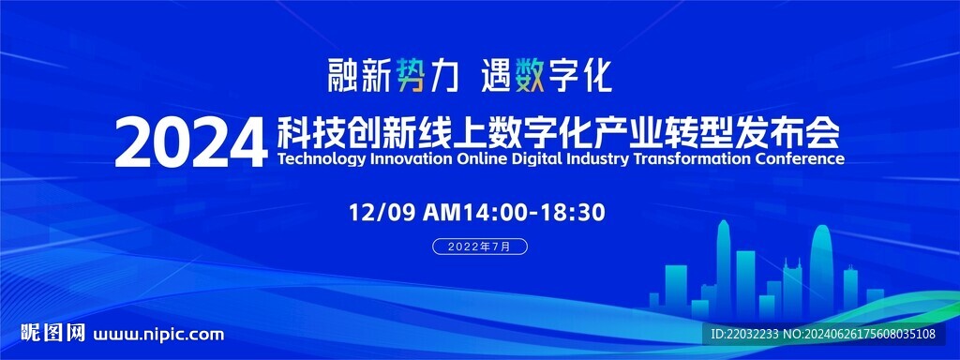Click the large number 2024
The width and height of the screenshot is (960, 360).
pos(191,143)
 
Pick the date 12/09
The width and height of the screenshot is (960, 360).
pos(382,213)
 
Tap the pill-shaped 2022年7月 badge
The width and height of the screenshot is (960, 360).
pos(480,247)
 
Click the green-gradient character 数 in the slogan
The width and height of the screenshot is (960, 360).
pos(530,74)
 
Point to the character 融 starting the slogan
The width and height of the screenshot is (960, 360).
pos(341,75)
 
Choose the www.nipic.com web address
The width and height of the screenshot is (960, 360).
pos(158,335)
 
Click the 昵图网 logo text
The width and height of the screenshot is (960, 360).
pos(52,333)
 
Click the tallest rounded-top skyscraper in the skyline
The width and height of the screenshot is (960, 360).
pos(821,270)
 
